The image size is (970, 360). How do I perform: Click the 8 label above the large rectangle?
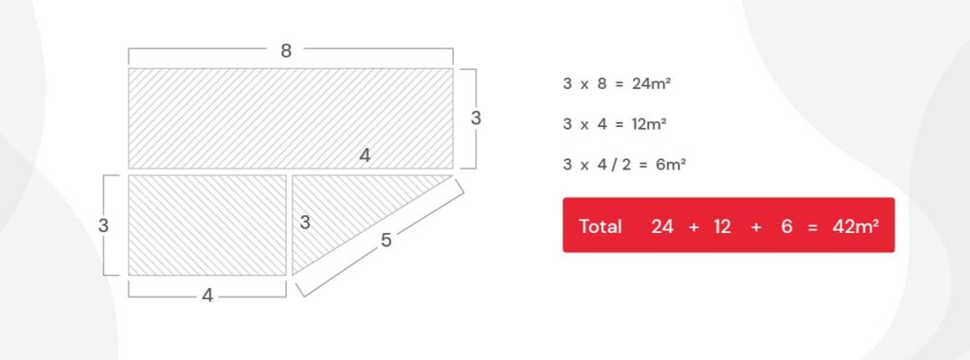[x=286, y=51]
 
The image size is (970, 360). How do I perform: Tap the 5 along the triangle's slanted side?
[x=386, y=240]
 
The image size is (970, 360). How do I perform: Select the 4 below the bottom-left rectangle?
[x=207, y=297]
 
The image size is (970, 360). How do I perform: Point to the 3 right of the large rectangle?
[x=476, y=118]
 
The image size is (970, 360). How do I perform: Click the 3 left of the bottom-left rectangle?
[x=103, y=225]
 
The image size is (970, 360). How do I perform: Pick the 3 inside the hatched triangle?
[x=305, y=223]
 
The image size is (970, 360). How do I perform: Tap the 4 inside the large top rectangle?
[x=365, y=156]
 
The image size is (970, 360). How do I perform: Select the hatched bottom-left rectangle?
[x=207, y=225]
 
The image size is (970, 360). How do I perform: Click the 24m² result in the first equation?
[x=652, y=83]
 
